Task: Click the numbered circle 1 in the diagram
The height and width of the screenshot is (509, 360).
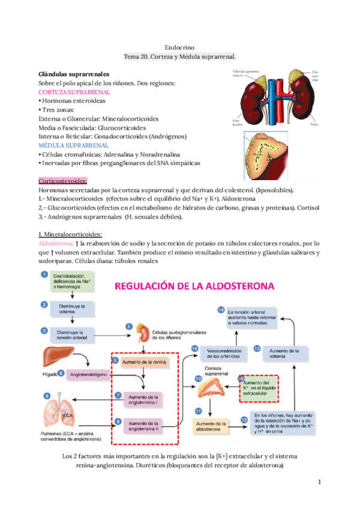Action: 44,276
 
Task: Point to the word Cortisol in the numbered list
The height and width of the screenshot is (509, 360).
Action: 307,208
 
